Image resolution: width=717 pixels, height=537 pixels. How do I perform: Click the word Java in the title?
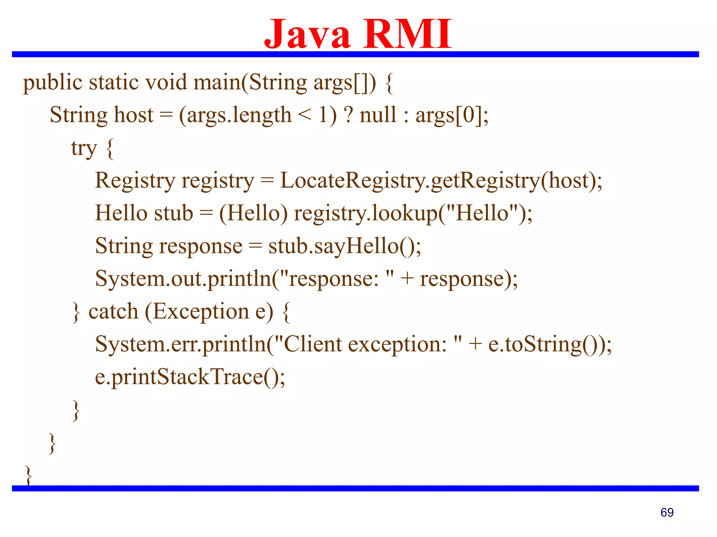pyautogui.click(x=307, y=34)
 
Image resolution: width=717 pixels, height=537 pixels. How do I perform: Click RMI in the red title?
pyautogui.click(x=408, y=34)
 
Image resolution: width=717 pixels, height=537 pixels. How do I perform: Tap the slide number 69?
pyautogui.click(x=667, y=513)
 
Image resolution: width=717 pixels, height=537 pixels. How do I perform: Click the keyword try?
pyautogui.click(x=84, y=148)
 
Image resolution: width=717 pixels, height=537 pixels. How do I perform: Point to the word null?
pyautogui.click(x=378, y=115)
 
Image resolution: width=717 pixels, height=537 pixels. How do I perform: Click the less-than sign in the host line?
pyautogui.click(x=305, y=115)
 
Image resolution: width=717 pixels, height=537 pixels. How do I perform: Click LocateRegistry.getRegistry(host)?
pyautogui.click(x=441, y=181)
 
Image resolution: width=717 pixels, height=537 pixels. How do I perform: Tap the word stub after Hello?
pyautogui.click(x=174, y=213)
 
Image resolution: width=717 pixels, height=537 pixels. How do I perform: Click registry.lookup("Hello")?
pyautogui.click(x=413, y=213)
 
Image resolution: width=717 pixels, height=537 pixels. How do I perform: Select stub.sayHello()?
pyautogui.click(x=345, y=246)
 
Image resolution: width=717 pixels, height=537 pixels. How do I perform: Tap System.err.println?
pyautogui.click(x=181, y=344)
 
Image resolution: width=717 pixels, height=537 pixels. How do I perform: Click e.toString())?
pyautogui.click(x=550, y=344)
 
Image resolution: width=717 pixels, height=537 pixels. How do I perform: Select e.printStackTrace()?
pyautogui.click(x=190, y=377)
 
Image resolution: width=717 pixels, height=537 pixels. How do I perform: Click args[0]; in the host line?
pyautogui.click(x=452, y=115)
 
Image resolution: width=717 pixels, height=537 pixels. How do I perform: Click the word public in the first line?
pyautogui.click(x=53, y=83)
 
